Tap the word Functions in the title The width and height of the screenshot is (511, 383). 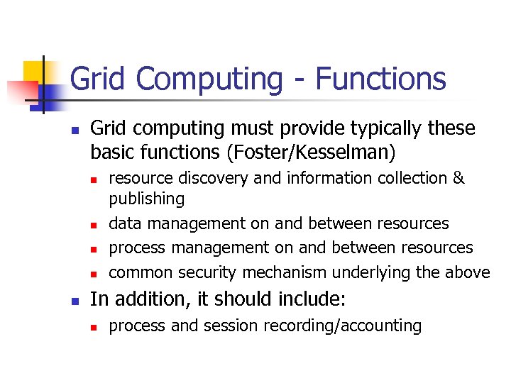(x=381, y=79)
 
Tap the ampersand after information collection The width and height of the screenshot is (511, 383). (x=458, y=178)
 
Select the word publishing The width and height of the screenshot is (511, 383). (x=147, y=199)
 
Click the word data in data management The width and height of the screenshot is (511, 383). (x=125, y=223)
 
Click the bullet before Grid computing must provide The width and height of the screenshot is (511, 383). (x=74, y=131)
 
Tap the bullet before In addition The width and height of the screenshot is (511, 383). (x=74, y=301)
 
